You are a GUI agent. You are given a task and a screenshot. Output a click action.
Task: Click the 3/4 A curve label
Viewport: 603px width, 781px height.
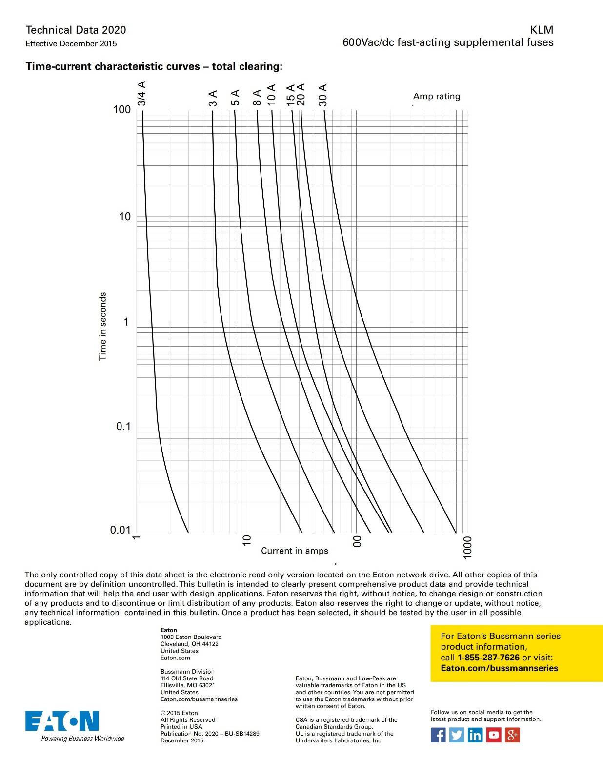(x=141, y=93)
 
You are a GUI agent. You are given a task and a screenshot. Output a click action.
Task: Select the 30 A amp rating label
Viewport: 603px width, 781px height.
(x=322, y=95)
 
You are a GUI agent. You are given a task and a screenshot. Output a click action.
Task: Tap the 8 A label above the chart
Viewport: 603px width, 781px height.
(x=257, y=97)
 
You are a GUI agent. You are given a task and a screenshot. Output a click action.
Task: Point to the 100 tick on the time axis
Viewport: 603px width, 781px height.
(x=122, y=109)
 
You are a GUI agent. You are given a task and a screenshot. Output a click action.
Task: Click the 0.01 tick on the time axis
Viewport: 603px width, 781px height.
(x=121, y=530)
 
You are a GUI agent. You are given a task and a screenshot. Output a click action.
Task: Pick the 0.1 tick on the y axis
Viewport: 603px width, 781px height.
(x=123, y=427)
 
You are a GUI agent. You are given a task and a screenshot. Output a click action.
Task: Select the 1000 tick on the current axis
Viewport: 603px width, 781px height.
(x=467, y=547)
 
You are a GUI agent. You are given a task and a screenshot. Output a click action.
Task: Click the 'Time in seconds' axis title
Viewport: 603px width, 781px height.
(x=102, y=326)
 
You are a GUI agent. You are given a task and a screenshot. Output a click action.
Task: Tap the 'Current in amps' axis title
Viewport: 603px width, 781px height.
(x=295, y=551)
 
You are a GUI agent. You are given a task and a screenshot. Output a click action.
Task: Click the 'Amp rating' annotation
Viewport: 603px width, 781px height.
(x=437, y=96)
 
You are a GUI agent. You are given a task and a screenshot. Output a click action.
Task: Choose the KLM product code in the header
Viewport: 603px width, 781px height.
(x=542, y=30)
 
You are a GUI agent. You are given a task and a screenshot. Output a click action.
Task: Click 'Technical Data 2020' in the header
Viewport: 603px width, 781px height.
(x=76, y=30)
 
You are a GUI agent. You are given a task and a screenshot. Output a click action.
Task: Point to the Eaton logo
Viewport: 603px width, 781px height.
(x=62, y=721)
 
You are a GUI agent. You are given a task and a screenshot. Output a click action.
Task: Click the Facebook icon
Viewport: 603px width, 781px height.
(x=438, y=735)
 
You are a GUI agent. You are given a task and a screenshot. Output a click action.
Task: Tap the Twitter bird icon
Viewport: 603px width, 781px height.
(x=457, y=735)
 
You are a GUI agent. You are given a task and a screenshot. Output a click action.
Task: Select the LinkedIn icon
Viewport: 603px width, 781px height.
(x=475, y=735)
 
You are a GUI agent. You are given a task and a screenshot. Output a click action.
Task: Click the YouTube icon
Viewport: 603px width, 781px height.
(x=494, y=735)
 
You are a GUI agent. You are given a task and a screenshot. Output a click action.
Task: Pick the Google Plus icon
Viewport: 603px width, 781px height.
(x=512, y=735)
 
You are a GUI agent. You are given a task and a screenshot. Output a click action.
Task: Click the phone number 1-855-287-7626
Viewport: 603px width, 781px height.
(x=488, y=658)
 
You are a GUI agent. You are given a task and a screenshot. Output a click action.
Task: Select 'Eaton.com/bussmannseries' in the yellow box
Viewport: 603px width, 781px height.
(x=499, y=668)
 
